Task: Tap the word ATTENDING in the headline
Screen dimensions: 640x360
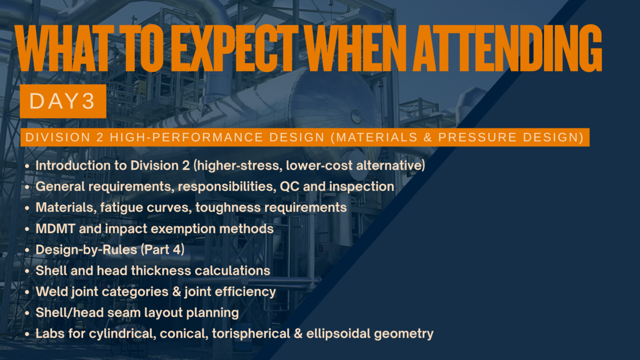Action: (508, 48)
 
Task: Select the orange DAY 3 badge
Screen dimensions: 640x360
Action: (63, 101)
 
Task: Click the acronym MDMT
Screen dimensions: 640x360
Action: (55, 229)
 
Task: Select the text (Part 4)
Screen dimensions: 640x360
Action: (162, 250)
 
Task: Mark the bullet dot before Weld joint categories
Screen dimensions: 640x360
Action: (27, 292)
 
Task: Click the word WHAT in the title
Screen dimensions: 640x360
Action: (67, 48)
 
